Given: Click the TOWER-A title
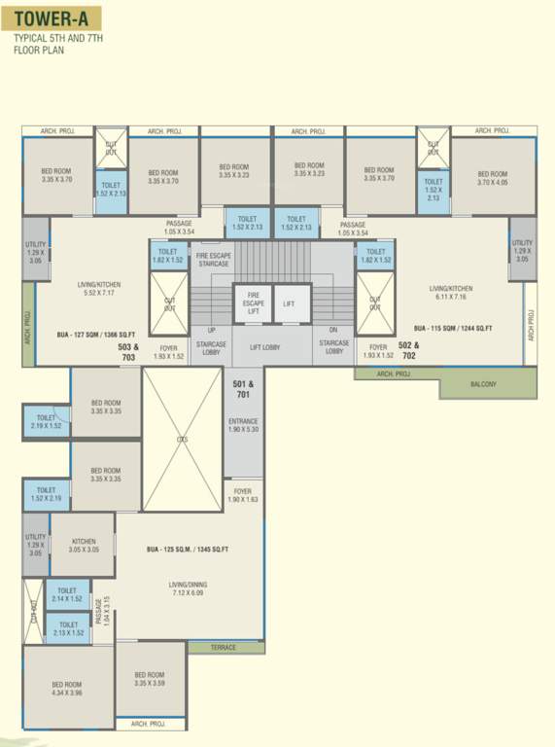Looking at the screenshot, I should pos(48,18).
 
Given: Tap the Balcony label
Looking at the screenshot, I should pos(482,384).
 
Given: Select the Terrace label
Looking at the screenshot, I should pos(225,647).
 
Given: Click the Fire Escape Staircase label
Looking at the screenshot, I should pos(212,260).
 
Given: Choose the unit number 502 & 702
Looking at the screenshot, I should pos(408,351).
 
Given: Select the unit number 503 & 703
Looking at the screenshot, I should pos(128,352).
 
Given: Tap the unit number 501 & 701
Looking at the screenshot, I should pos(243,389).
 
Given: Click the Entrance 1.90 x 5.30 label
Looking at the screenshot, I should pos(242,426).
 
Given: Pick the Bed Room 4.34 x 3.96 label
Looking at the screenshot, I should pos(67,690).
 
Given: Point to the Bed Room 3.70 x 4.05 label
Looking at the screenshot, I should pos(493,178).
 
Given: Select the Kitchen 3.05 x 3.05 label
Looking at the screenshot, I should pos(84,546).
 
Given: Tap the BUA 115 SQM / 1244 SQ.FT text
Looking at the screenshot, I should pos(452,329).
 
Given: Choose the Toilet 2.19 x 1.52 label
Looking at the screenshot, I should pos(46,422).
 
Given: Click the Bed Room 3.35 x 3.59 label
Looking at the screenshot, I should pos(150,679).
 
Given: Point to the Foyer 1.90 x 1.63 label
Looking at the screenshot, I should pos(242,496).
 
